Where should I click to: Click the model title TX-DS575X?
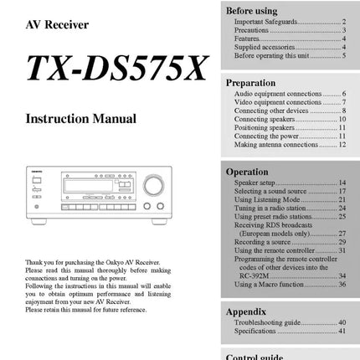coord(116,69)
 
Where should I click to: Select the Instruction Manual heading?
coord(80,119)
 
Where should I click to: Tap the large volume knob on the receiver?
coord(153,184)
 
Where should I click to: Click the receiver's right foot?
coord(157,220)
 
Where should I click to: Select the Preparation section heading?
coord(250,83)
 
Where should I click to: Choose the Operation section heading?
coord(247,172)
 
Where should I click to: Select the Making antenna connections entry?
coord(275,144)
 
